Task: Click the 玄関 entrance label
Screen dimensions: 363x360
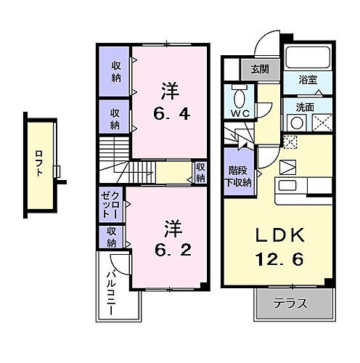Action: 259,70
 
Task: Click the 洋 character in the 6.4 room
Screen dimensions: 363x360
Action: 169,91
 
